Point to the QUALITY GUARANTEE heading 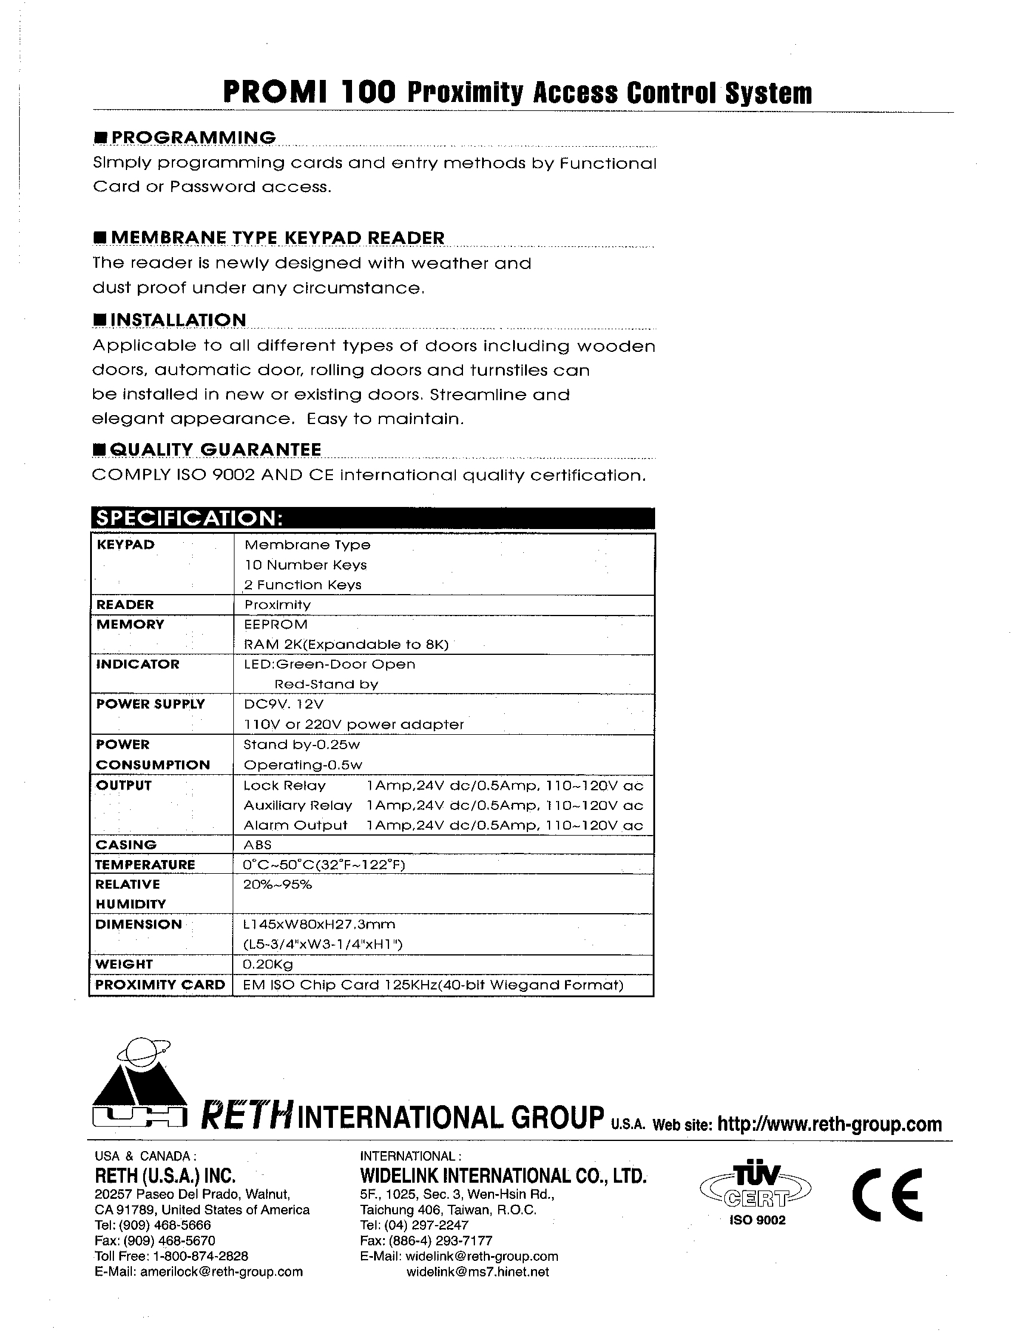[x=216, y=450]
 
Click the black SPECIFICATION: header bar [x=372, y=518]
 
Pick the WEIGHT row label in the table [x=124, y=964]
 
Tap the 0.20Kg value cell [x=268, y=964]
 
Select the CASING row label [x=126, y=845]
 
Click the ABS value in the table [x=257, y=845]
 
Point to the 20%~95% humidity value [x=277, y=885]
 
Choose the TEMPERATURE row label [x=144, y=865]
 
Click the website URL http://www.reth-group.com [x=829, y=1124]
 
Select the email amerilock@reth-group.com [x=221, y=1272]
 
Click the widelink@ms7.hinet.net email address [x=477, y=1272]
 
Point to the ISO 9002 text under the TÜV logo [x=757, y=1220]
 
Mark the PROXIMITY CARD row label [x=160, y=985]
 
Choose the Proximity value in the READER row [x=277, y=605]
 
